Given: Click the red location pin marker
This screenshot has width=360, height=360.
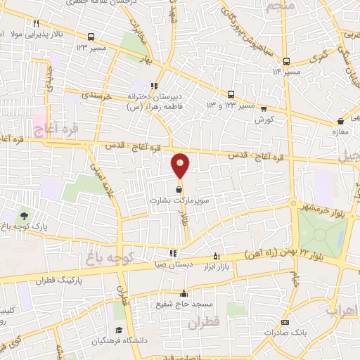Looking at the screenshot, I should [181, 165].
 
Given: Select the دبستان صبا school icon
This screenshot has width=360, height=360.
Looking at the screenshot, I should [173, 254].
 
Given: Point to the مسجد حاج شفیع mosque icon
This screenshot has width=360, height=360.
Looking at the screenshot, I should [184, 294].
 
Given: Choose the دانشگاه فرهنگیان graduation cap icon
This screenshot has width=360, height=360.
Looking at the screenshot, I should [119, 330].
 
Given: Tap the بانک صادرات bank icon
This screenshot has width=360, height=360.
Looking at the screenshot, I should [284, 323].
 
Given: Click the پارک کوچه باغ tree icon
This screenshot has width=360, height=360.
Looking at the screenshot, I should [25, 216].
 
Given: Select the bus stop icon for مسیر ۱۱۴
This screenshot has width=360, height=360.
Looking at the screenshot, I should [286, 61].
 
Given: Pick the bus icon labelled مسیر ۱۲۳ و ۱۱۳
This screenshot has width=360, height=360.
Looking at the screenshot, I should [231, 94].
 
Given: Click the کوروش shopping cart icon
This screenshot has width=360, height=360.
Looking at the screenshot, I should [264, 108].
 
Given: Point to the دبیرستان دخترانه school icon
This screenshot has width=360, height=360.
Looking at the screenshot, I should [154, 86].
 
